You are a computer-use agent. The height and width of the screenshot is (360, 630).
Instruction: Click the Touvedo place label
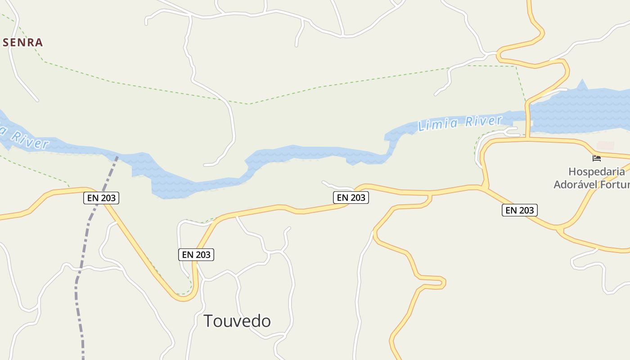[237, 321]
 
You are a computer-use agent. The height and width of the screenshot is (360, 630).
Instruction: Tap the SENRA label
[22, 43]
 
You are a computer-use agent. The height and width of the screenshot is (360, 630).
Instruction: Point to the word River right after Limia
[483, 121]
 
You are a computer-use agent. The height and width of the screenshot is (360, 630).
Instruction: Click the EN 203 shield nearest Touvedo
[196, 255]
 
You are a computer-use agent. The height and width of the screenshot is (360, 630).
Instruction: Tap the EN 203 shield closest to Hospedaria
[520, 210]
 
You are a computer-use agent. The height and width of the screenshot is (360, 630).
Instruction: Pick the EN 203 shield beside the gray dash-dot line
[101, 198]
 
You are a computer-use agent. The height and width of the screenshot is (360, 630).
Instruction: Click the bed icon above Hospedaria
[597, 158]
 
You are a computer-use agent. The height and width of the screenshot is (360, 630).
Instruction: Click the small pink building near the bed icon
[605, 146]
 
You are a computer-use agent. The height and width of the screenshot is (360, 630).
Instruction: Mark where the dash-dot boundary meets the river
[117, 157]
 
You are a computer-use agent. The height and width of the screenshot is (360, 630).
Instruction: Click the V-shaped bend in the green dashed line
[248, 104]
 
